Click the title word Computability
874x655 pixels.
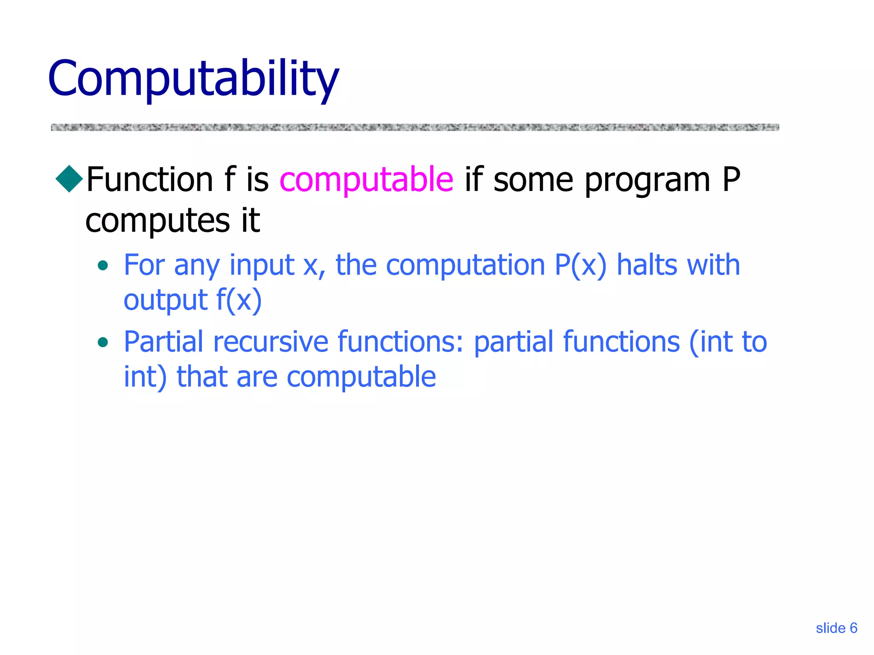193,79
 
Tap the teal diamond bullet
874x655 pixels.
69,179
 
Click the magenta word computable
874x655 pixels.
366,180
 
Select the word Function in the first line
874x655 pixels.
149,180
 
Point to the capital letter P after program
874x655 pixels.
731,180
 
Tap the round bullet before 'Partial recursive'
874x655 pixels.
102,342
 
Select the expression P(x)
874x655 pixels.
580,266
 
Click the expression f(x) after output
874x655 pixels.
239,300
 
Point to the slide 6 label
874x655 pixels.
836,628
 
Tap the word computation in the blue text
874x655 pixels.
465,266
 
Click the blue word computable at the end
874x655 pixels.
361,377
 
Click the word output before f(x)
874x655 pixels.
166,301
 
